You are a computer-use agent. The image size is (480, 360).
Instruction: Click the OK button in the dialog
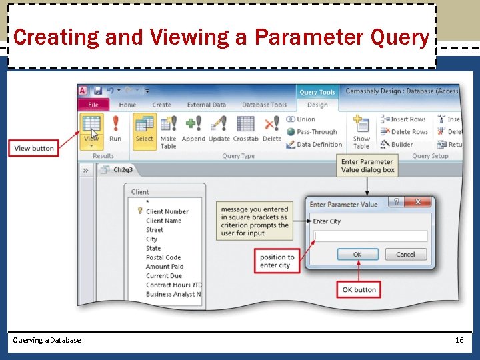[x=357, y=255]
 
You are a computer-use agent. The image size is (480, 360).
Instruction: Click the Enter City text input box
[x=370, y=236]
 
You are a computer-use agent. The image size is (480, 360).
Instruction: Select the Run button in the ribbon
[x=115, y=129]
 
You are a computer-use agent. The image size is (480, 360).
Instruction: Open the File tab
[x=93, y=105]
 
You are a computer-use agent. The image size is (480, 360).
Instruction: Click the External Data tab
[x=207, y=105]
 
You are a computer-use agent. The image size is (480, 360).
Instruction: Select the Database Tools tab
[x=264, y=105]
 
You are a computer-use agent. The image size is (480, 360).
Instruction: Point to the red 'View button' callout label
[x=34, y=148]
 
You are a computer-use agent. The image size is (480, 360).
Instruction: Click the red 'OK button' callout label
[x=359, y=289]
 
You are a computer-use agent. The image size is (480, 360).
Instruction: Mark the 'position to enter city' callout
[x=277, y=261]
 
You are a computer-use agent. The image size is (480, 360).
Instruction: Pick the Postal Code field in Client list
[x=163, y=257]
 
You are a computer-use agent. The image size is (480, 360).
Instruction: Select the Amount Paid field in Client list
[x=165, y=267]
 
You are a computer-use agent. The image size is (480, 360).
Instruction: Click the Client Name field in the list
[x=163, y=221]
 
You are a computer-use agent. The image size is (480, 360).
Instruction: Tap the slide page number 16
[x=459, y=340]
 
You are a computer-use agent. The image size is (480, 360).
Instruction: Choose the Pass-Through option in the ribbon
[x=316, y=132]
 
